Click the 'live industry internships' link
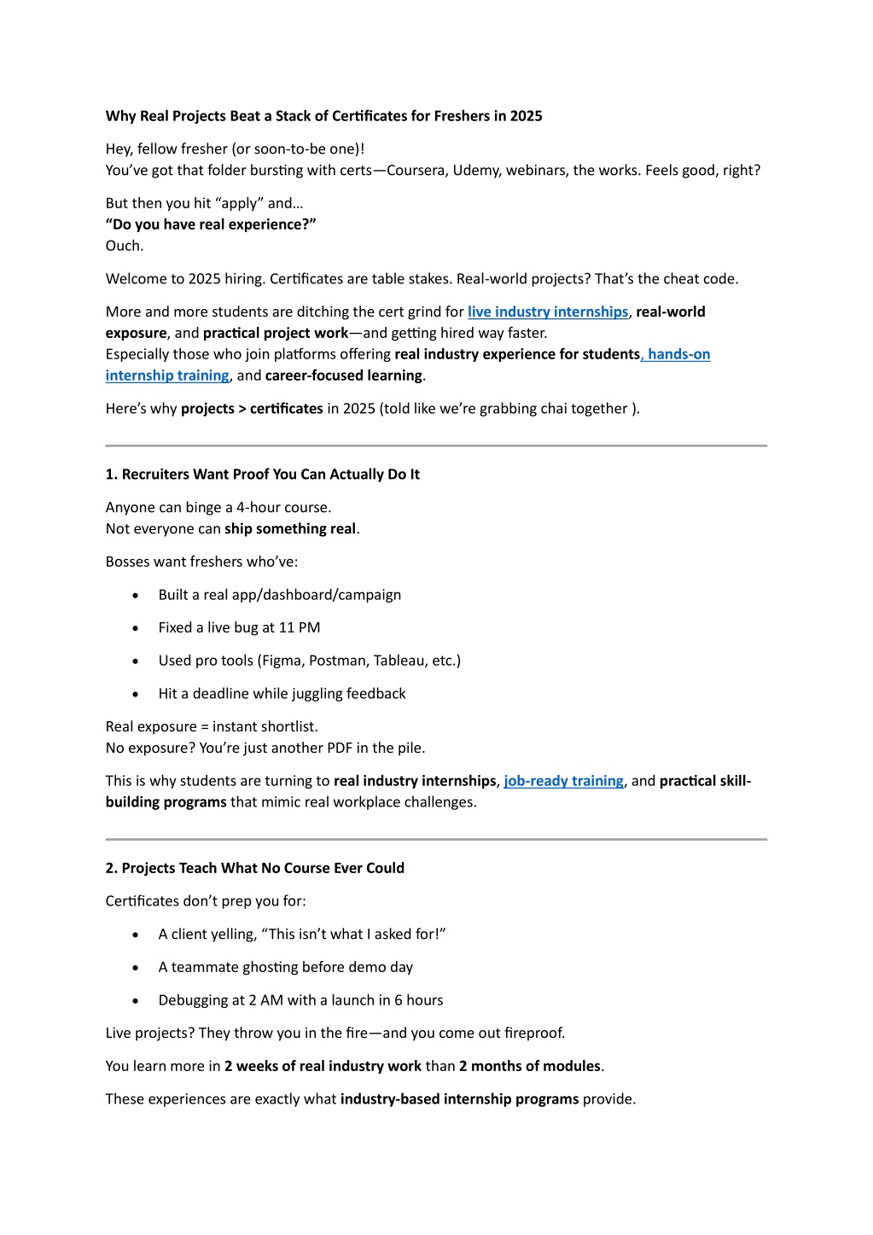click(x=548, y=312)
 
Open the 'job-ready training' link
click(x=563, y=781)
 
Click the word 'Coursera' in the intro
click(x=416, y=170)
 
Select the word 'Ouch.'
click(x=125, y=246)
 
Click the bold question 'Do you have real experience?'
click(x=211, y=224)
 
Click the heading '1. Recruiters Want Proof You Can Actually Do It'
click(x=262, y=475)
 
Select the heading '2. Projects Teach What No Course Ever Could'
click(x=254, y=868)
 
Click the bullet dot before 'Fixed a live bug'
click(x=136, y=628)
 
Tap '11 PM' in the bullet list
click(x=300, y=628)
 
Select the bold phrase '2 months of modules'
click(x=530, y=1066)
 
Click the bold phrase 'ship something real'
click(x=290, y=529)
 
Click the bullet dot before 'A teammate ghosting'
click(x=136, y=968)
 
